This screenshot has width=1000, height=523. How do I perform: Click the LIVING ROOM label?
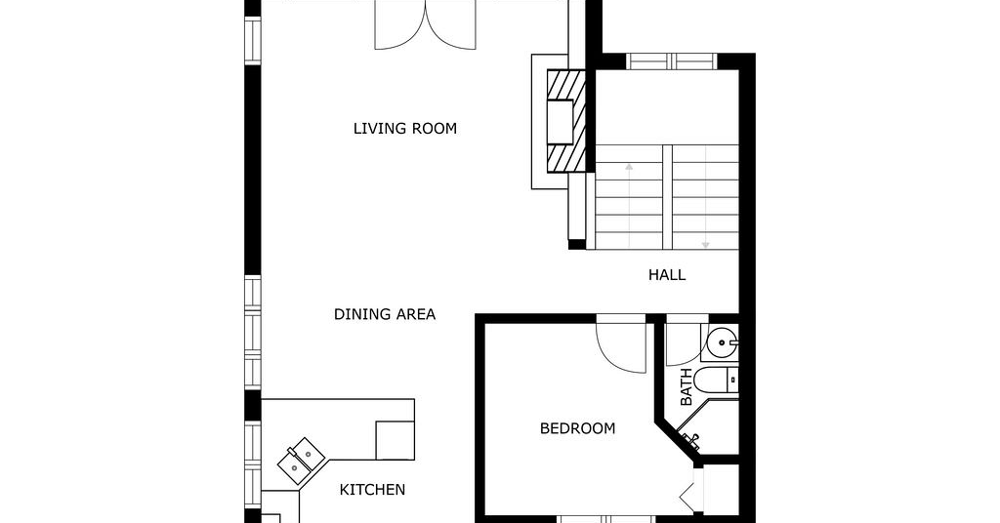click(405, 129)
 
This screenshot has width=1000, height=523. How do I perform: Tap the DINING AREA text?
click(385, 314)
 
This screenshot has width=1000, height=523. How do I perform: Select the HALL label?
click(667, 275)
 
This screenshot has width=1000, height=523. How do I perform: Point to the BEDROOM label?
click(578, 428)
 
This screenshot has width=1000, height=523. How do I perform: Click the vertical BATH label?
click(687, 387)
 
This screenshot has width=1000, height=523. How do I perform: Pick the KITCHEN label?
click(372, 490)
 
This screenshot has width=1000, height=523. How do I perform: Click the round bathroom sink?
click(722, 343)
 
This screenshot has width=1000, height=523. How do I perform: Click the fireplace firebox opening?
click(561, 121)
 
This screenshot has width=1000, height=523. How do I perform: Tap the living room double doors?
click(425, 25)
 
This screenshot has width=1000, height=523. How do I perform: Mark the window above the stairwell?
click(671, 61)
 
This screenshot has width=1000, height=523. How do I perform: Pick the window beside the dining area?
click(253, 332)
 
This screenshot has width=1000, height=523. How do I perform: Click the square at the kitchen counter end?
click(395, 440)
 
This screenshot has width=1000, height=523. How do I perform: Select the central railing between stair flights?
click(667, 197)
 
